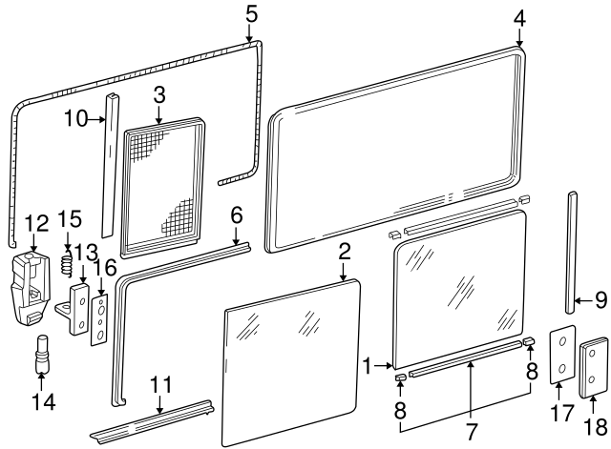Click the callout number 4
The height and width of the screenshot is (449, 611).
(x=519, y=18)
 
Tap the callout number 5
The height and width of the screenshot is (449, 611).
(x=251, y=14)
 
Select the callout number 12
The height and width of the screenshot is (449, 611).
(x=35, y=223)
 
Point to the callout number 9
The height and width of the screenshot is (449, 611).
(x=600, y=299)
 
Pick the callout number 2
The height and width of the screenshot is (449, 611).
(x=345, y=252)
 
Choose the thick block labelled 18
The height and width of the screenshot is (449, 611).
(x=594, y=367)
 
